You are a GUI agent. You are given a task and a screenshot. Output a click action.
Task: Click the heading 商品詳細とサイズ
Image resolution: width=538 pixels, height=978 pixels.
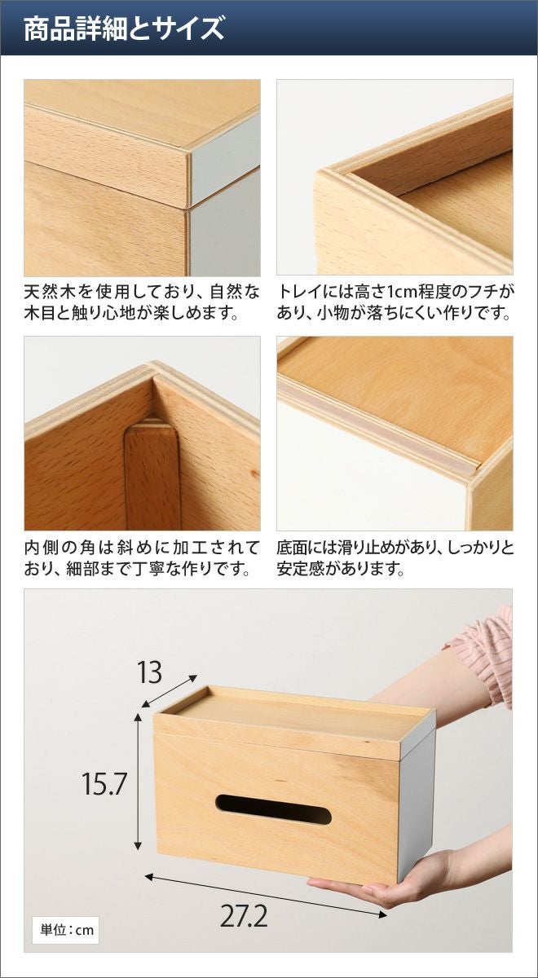125,29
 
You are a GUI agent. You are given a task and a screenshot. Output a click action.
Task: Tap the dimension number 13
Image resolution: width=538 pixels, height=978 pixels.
150,672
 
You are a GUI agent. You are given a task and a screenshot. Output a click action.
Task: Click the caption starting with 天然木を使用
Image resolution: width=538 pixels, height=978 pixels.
142,302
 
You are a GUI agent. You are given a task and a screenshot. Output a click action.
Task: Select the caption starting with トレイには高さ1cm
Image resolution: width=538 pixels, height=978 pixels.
395,302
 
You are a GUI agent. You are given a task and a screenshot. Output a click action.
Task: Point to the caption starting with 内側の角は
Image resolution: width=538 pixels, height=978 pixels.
142,558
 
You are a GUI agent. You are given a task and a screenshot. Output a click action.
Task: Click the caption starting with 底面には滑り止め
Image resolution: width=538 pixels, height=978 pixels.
395,558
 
